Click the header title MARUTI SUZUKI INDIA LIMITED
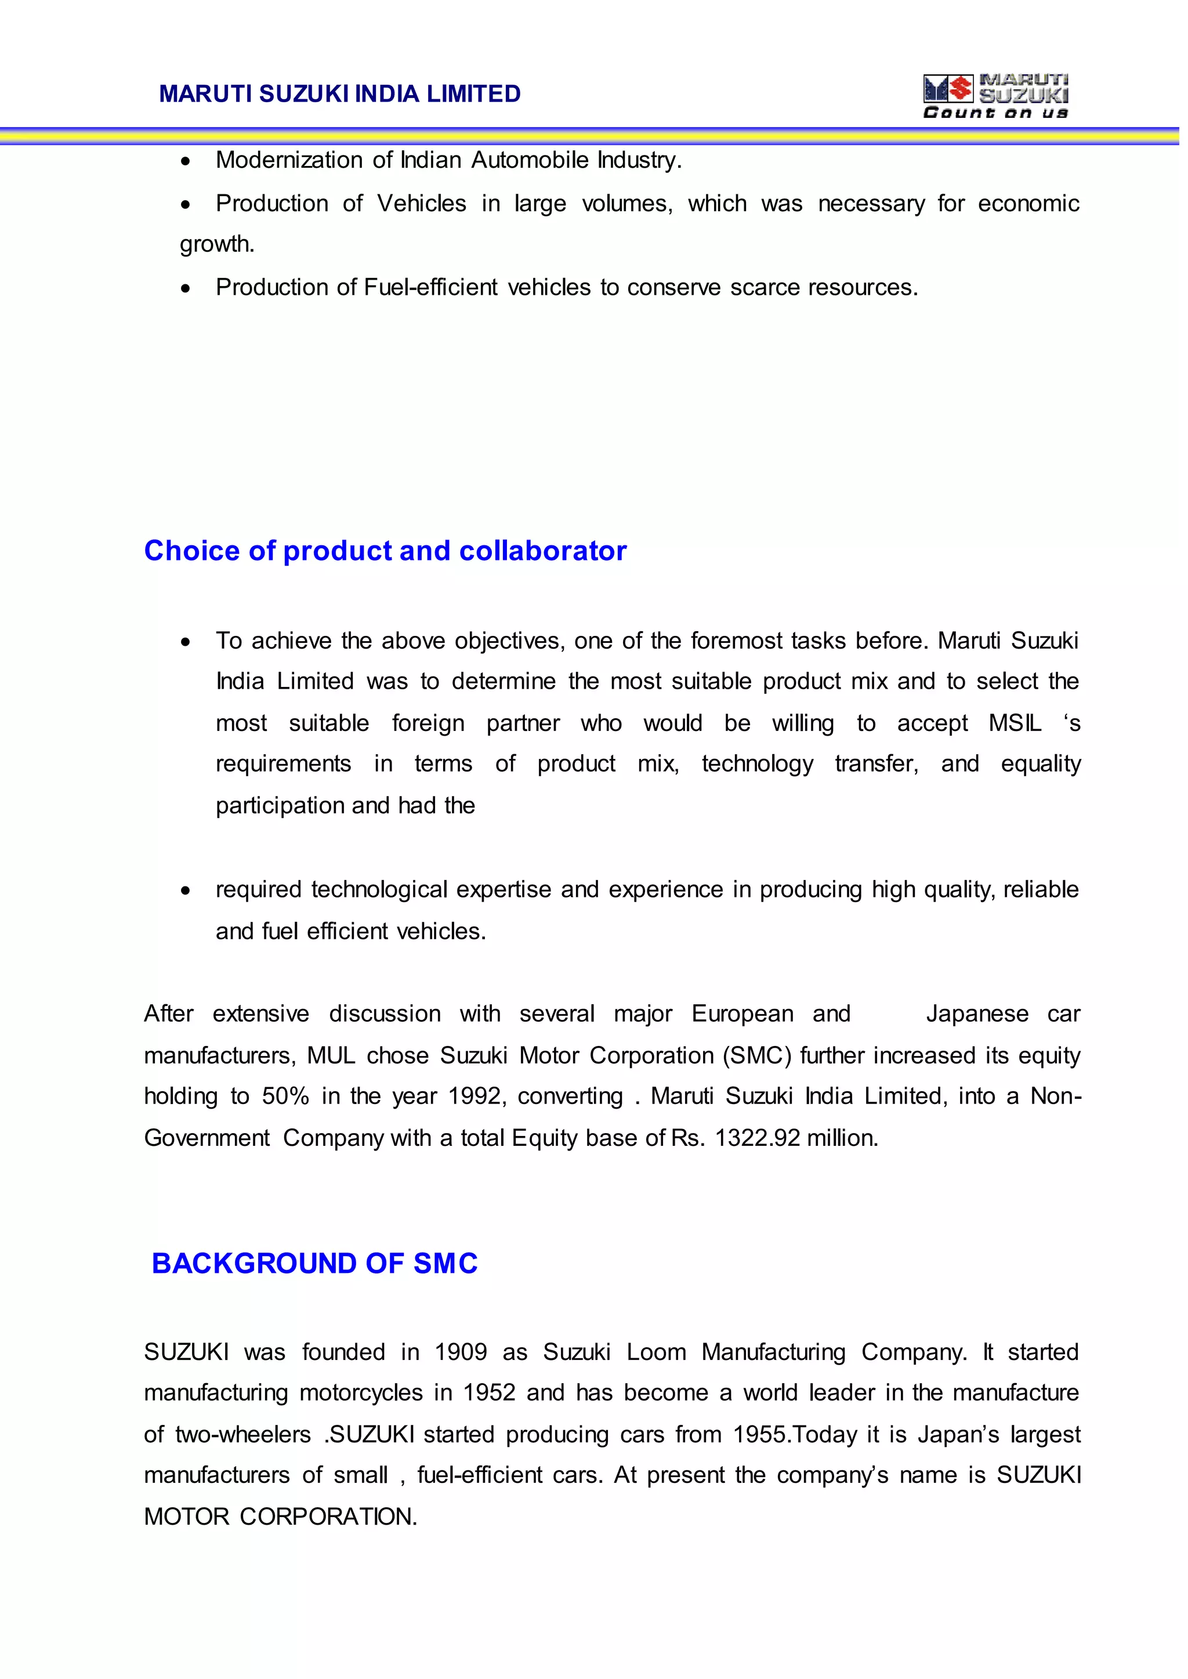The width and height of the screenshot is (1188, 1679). (x=339, y=93)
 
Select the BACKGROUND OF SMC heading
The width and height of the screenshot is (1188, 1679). (x=314, y=1264)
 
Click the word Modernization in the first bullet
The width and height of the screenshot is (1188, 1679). (x=289, y=160)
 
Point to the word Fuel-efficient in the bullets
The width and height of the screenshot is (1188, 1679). (x=430, y=288)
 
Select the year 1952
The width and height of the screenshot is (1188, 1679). (x=488, y=1393)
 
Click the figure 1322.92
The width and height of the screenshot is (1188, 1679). (x=757, y=1138)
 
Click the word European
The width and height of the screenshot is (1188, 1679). (x=742, y=1014)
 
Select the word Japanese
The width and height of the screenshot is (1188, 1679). (x=977, y=1014)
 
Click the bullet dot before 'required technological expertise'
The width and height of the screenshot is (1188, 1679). (x=186, y=891)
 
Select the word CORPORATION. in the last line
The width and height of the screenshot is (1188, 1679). (x=328, y=1517)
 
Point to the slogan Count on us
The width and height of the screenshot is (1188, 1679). (x=995, y=113)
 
